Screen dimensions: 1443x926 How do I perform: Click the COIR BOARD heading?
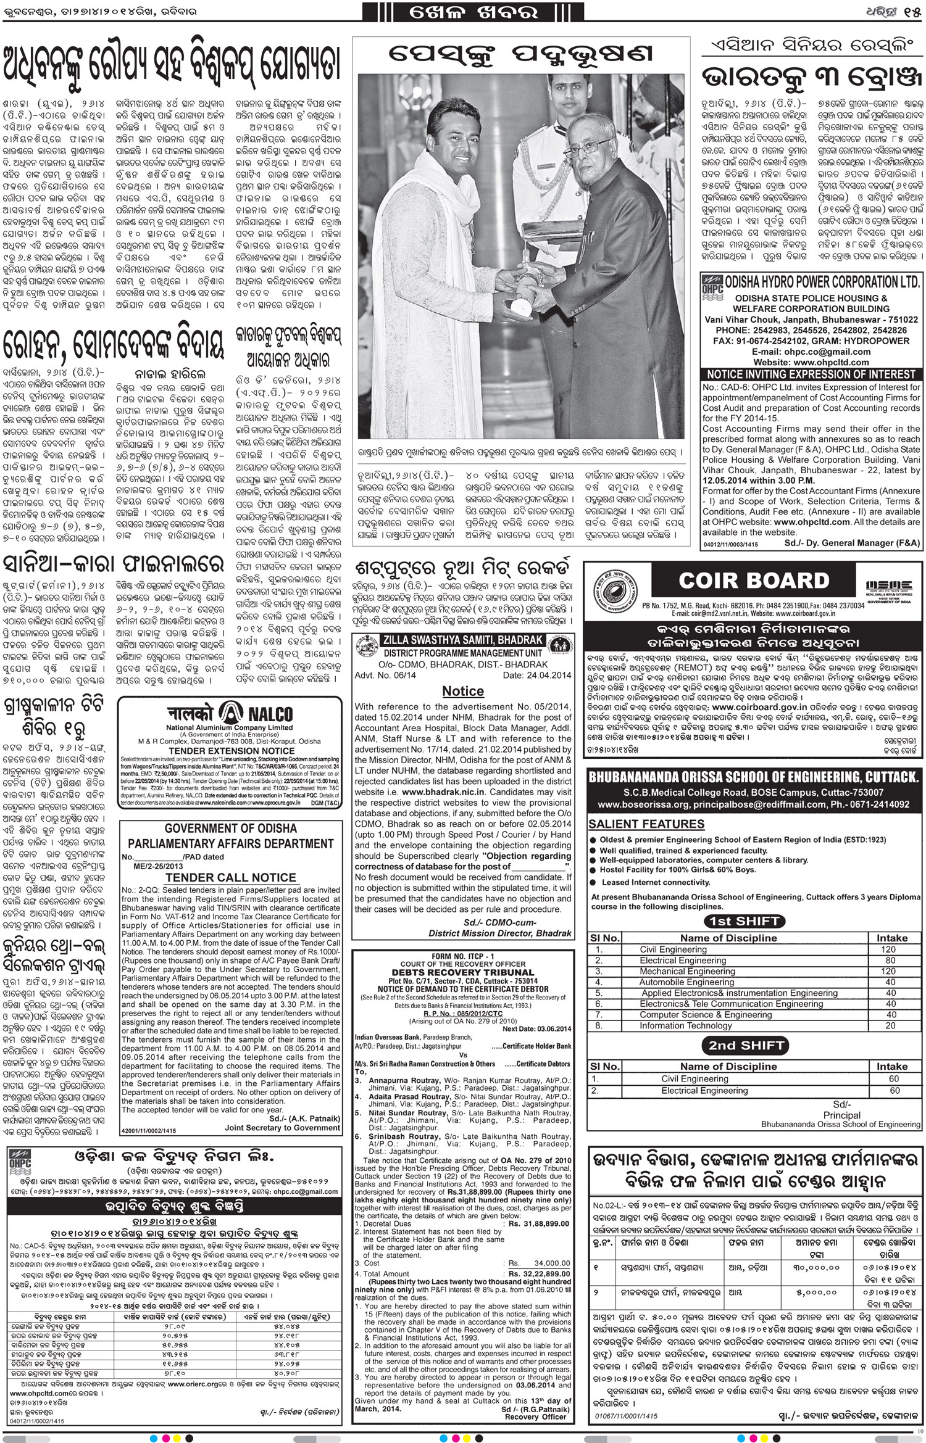coord(754,581)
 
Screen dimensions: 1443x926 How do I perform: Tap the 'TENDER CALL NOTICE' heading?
coord(230,877)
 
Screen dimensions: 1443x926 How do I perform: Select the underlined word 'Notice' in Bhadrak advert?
coord(463,691)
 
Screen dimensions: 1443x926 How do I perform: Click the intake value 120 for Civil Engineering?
coord(888,949)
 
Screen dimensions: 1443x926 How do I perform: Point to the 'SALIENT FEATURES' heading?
coord(638,824)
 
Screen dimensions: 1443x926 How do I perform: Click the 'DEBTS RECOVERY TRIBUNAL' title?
coord(463,973)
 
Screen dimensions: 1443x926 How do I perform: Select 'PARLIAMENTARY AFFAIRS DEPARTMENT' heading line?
coord(230,843)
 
